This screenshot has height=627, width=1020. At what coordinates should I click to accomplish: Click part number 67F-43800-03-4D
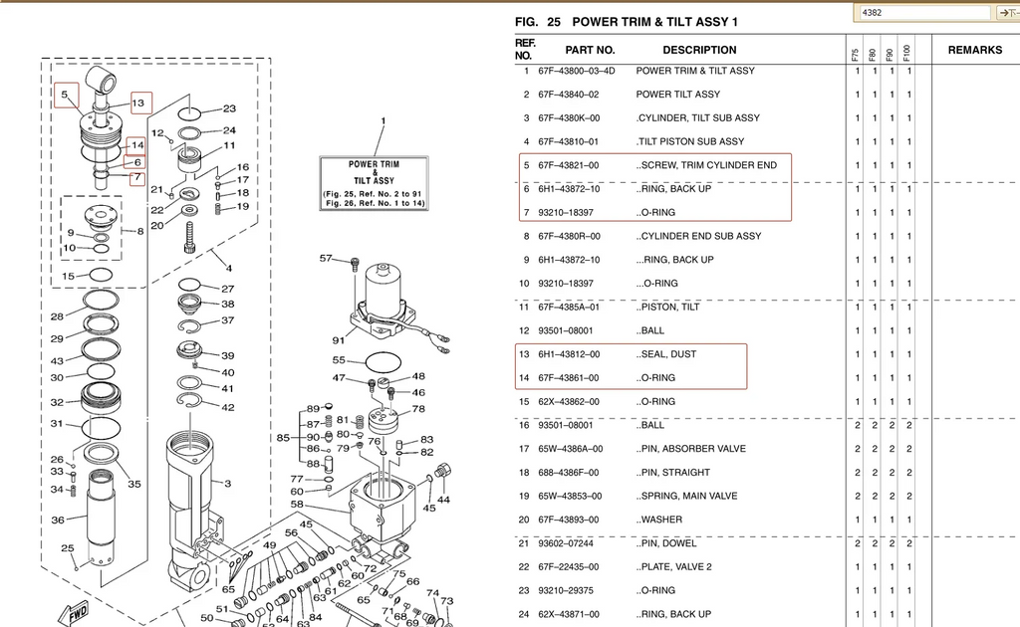pos(576,71)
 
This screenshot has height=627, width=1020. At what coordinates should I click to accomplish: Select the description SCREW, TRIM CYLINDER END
pos(708,165)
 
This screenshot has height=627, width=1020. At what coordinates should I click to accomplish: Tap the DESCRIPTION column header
pos(699,50)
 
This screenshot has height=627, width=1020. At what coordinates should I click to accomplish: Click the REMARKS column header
pos(974,50)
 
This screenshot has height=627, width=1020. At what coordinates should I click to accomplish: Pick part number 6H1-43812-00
pos(569,354)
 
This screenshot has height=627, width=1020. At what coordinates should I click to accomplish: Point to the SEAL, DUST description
pos(667,354)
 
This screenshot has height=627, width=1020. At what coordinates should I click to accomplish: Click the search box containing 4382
pos(921,13)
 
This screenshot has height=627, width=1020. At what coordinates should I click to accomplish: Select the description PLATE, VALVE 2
pos(675,567)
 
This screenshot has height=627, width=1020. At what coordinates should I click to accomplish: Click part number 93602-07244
pos(569,543)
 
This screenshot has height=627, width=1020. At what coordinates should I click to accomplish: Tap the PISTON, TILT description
pos(669,307)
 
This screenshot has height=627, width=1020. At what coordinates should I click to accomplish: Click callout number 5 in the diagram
pos(64,96)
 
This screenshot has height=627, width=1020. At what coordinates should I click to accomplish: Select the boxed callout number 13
pos(137,103)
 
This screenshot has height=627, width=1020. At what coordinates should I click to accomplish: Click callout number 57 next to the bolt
pos(326,259)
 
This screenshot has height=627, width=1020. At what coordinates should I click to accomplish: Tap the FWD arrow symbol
pos(76,612)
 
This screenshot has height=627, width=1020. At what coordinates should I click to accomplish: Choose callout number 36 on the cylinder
pos(58,520)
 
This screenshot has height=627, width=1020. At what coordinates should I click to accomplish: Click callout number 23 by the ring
pos(229,109)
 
